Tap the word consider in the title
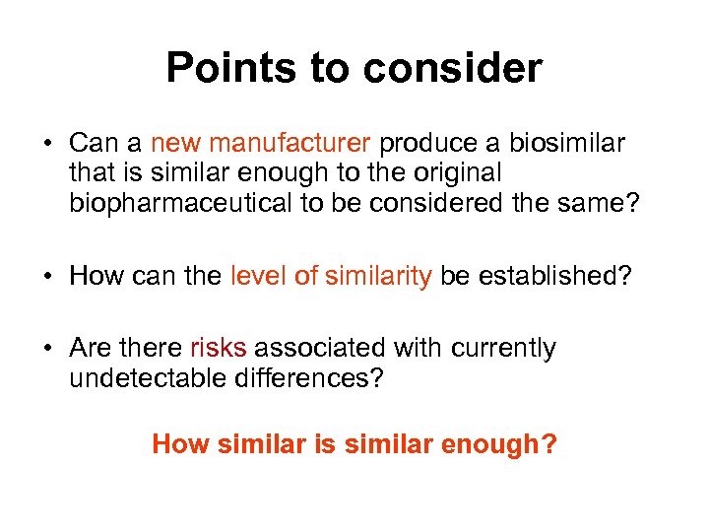452,69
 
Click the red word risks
218,349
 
